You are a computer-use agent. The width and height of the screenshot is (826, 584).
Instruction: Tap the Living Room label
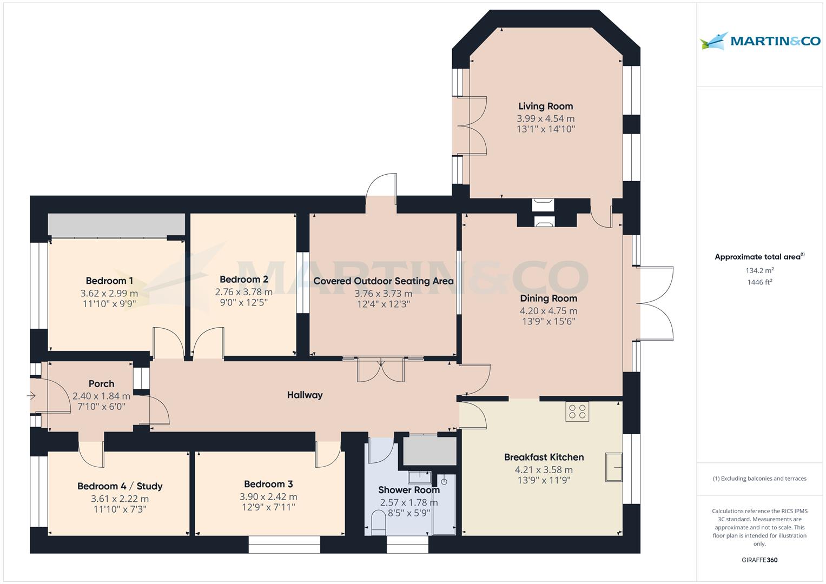pyautogui.click(x=545, y=107)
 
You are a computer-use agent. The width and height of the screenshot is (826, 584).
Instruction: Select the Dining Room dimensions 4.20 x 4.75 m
pyautogui.click(x=549, y=311)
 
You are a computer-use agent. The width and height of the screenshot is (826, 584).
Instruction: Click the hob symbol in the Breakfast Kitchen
pyautogui.click(x=577, y=412)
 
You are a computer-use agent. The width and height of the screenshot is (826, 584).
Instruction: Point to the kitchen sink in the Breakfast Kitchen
pyautogui.click(x=614, y=467)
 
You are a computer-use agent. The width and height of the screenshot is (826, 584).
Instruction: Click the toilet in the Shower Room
pyautogui.click(x=379, y=523)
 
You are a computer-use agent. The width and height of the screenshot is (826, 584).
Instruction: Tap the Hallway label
pyautogui.click(x=305, y=395)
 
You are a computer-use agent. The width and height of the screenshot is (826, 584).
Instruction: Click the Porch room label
pyautogui.click(x=101, y=383)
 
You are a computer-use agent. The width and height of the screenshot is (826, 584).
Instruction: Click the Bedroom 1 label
pyautogui.click(x=109, y=281)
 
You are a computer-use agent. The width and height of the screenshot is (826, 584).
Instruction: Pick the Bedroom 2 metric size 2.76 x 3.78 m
pyautogui.click(x=243, y=292)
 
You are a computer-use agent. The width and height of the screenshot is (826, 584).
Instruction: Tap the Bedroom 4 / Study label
pyautogui.click(x=120, y=486)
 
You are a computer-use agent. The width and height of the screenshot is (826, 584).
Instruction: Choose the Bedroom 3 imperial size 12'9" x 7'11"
pyautogui.click(x=268, y=507)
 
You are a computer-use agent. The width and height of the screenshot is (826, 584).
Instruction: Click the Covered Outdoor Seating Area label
pyautogui.click(x=383, y=281)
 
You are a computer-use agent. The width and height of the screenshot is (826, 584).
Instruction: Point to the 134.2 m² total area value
pyautogui.click(x=759, y=270)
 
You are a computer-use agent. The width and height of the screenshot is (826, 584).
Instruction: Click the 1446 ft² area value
pyautogui.click(x=759, y=282)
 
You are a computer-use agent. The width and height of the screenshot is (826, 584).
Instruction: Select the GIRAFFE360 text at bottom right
pyautogui.click(x=759, y=560)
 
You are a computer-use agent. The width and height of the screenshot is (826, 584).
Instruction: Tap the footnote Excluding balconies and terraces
pyautogui.click(x=759, y=479)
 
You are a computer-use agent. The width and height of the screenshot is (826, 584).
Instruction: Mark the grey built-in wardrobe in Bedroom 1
pyautogui.click(x=116, y=224)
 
